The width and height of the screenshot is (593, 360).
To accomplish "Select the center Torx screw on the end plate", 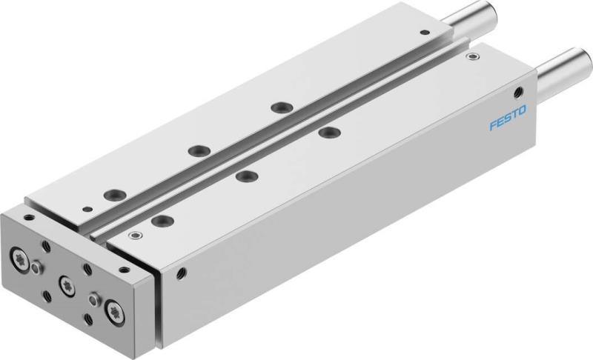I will tap(67, 281).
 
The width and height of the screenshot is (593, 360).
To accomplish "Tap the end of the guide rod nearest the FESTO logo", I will tap(572, 59).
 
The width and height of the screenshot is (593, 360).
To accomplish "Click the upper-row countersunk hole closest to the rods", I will tap(279, 107).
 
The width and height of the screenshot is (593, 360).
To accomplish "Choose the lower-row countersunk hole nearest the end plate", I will tap(159, 220).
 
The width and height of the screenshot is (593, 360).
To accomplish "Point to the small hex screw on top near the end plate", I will tap(134, 236).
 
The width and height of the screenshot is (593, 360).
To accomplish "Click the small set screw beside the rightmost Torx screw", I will tap(93, 301).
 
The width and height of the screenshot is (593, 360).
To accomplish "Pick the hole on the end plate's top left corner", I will tap(28, 218).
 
